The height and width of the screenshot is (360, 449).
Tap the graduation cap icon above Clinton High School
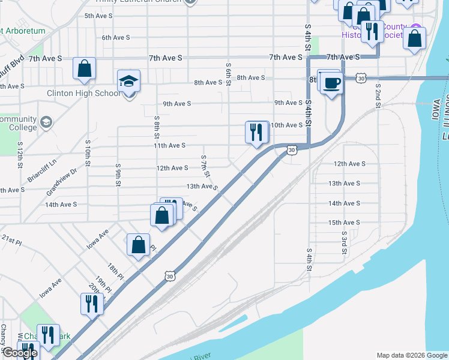(x=129, y=80)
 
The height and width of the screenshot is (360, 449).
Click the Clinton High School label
(x=83, y=94)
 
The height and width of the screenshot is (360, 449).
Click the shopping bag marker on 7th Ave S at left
(x=85, y=68)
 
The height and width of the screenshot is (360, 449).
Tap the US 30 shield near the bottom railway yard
(x=170, y=276)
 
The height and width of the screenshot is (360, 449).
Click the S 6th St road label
(x=229, y=74)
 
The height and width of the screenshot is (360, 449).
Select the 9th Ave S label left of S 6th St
(x=177, y=104)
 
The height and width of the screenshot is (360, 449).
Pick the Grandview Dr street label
(x=62, y=181)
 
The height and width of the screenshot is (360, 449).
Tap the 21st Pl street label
(x=11, y=239)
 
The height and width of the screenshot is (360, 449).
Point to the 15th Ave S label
(x=344, y=223)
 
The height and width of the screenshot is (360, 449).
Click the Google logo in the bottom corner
(x=19, y=353)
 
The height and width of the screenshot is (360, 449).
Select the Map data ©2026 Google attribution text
(x=412, y=355)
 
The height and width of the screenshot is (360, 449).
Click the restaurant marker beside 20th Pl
(x=92, y=304)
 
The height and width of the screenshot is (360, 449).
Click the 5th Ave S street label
(x=98, y=16)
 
